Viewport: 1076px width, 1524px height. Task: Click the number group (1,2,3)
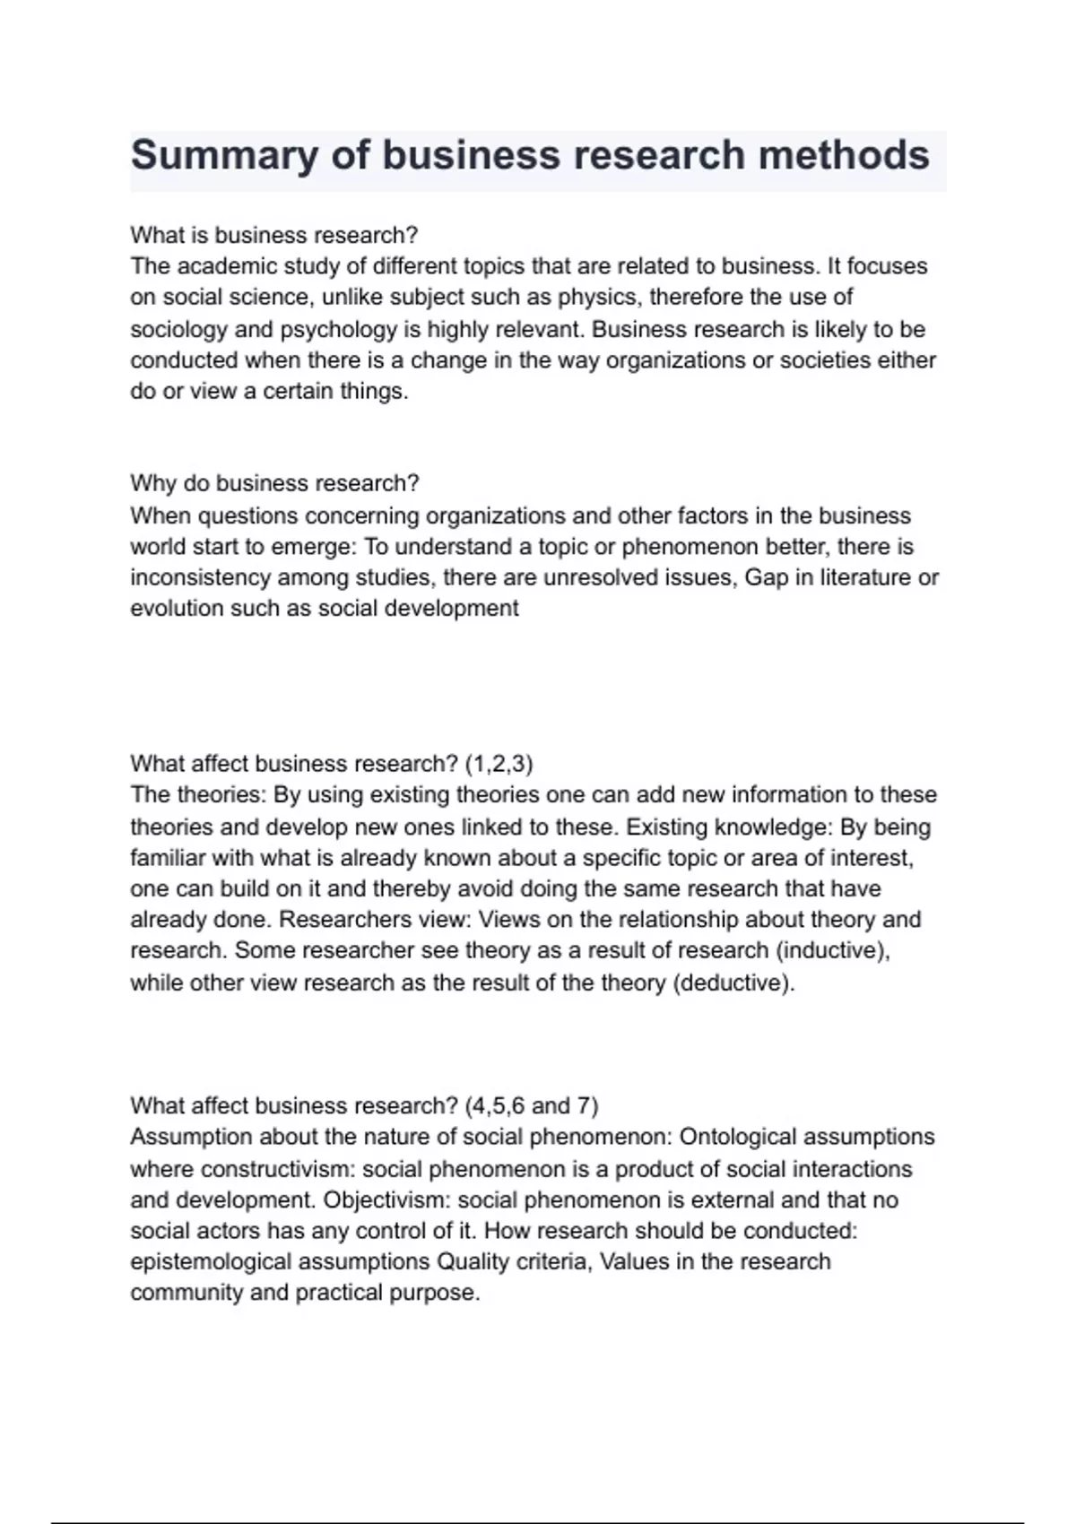pos(499,764)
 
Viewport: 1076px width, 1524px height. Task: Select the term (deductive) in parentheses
pos(733,983)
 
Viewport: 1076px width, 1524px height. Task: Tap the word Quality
pos(468,1262)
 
